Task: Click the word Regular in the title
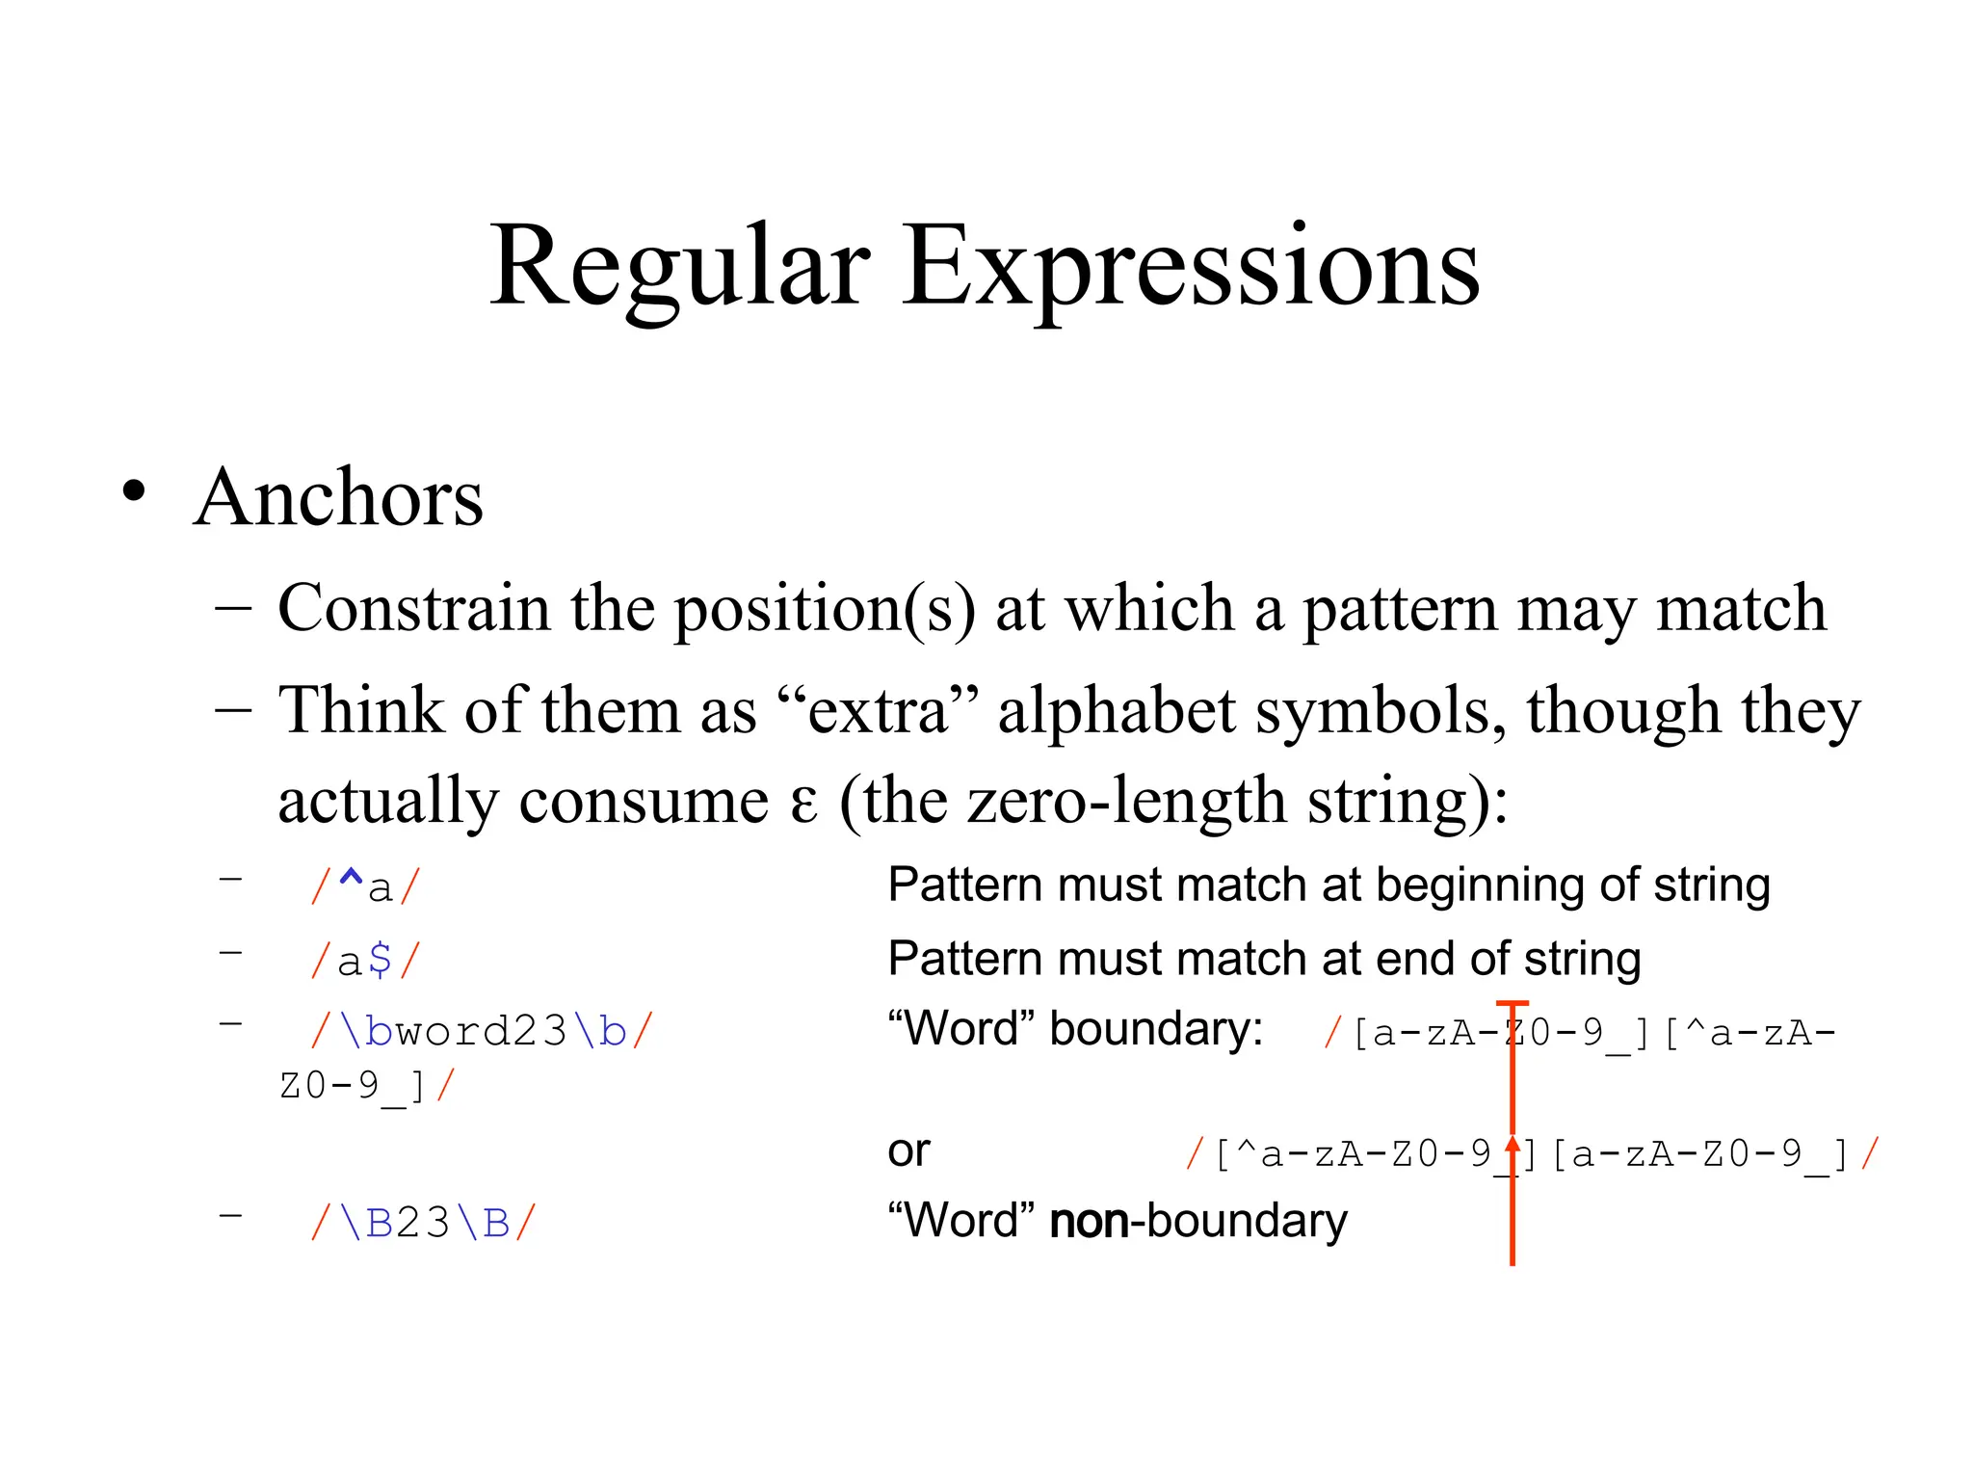pos(679,267)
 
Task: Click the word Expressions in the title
pos(1191,267)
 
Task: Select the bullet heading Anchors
pos(338,498)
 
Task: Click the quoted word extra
pos(878,711)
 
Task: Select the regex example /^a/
pos(366,886)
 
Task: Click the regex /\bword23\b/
pos(482,1032)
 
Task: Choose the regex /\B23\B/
pos(423,1224)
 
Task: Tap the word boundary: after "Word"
pos(1156,1029)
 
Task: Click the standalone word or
pos(908,1150)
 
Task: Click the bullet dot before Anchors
pos(134,491)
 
